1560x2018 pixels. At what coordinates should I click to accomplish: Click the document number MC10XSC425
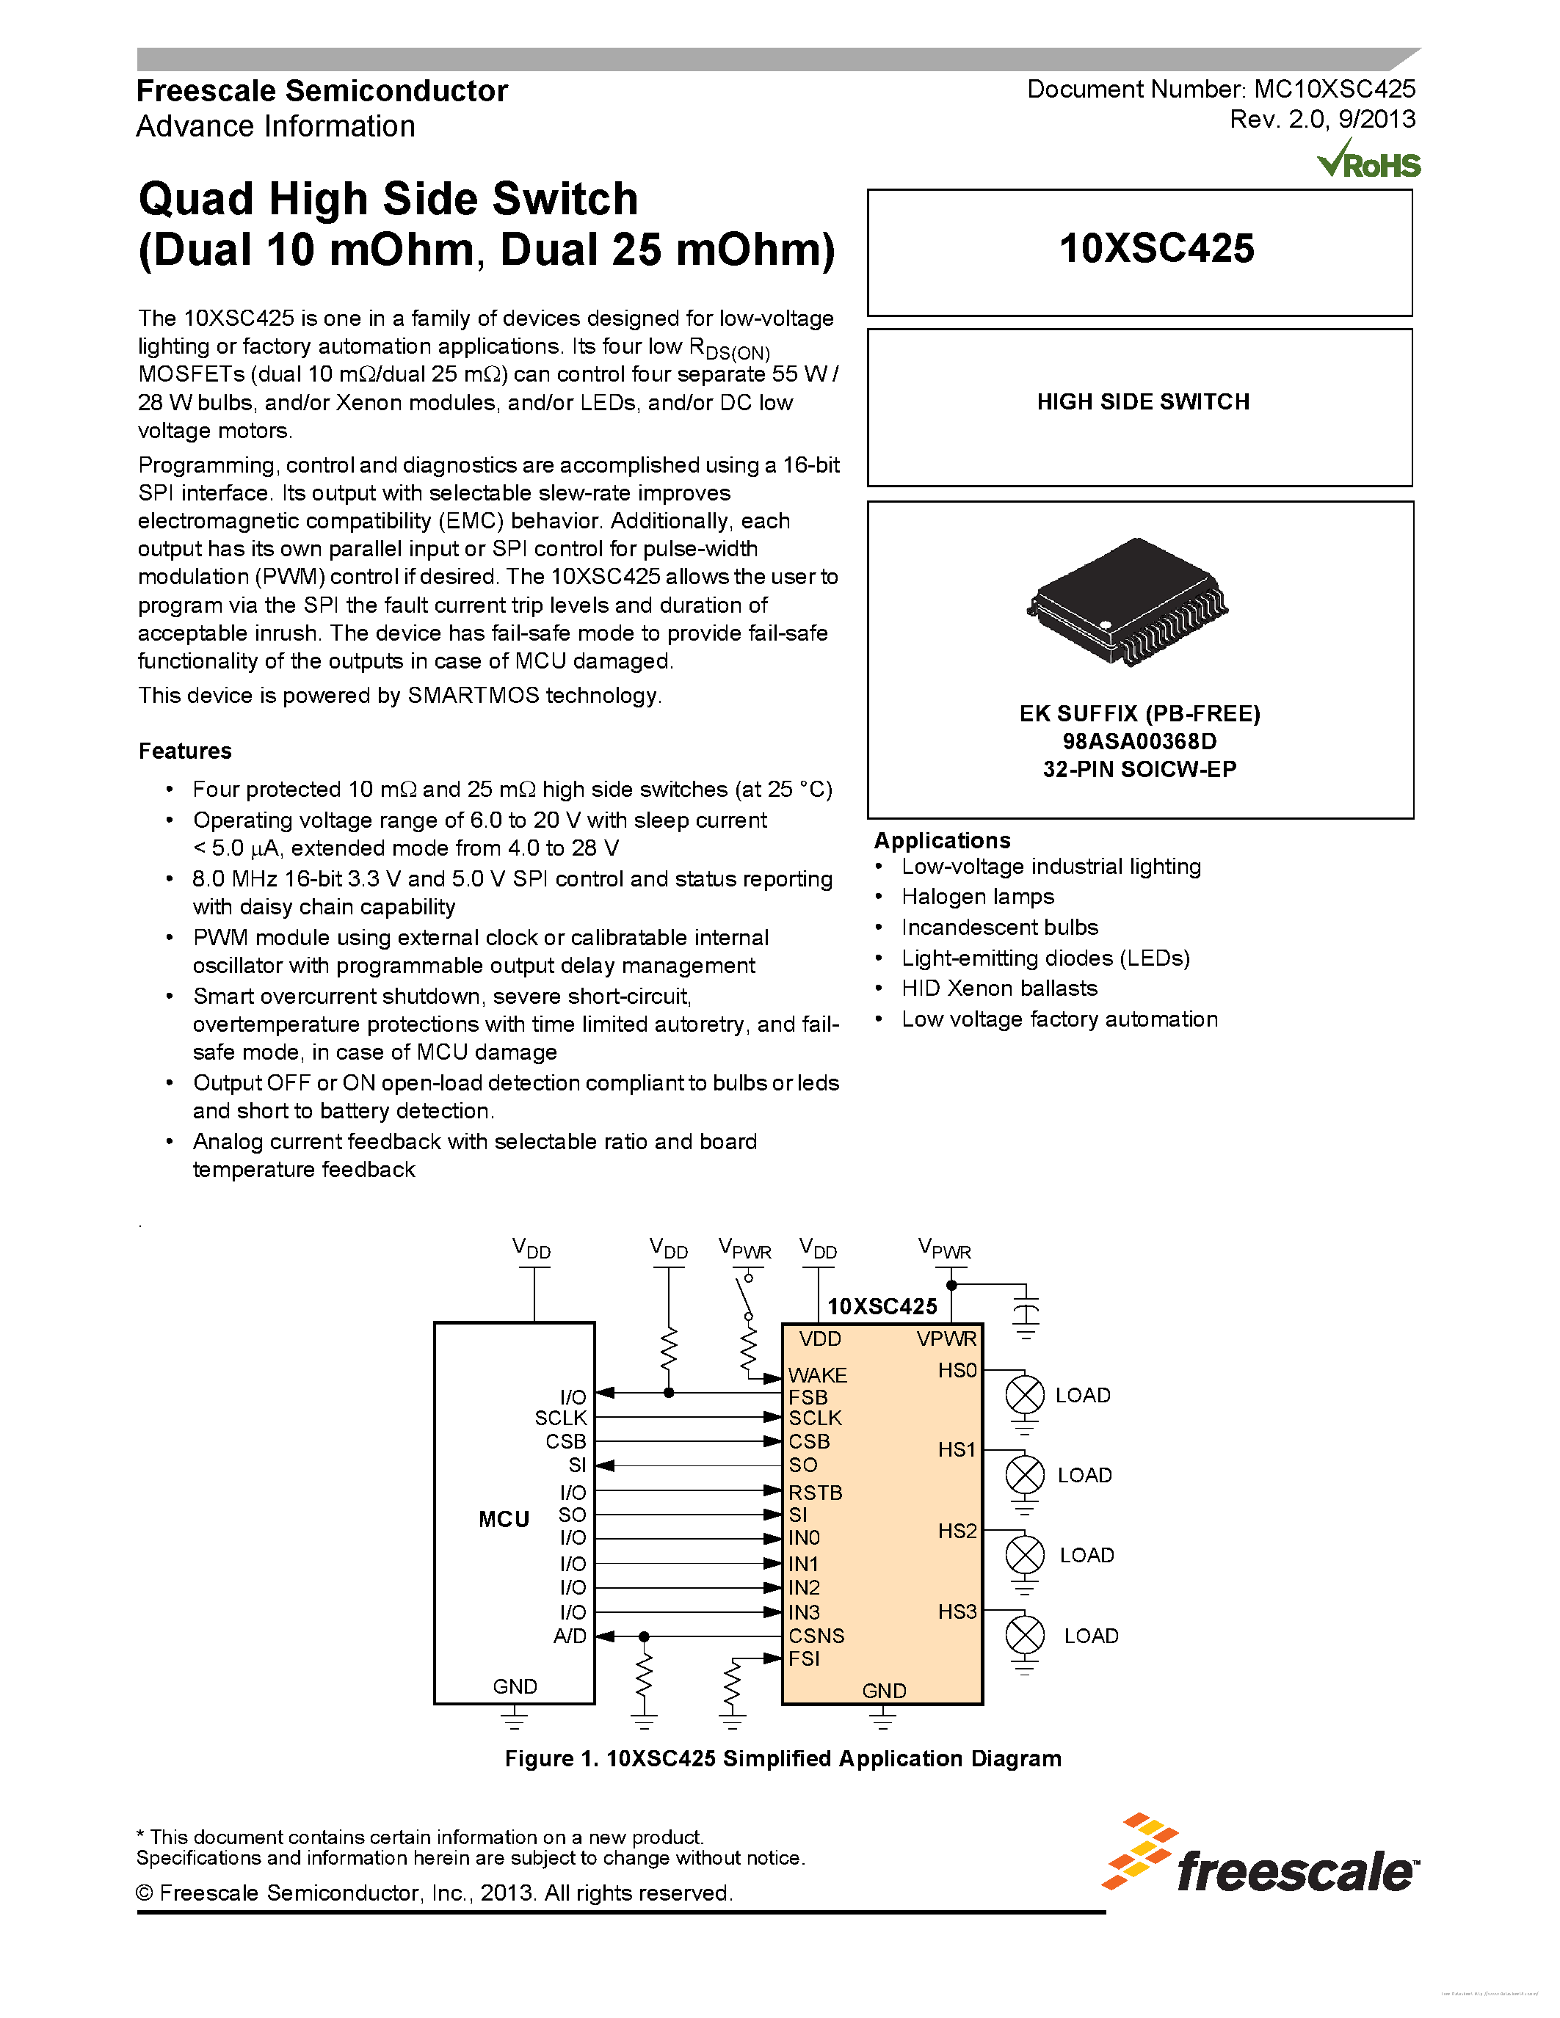pyautogui.click(x=1334, y=89)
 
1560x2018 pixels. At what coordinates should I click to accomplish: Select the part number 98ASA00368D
pyautogui.click(x=1139, y=741)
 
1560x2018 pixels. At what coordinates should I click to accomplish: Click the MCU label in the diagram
pyautogui.click(x=504, y=1519)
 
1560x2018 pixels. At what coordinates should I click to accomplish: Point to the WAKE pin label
pyautogui.click(x=817, y=1375)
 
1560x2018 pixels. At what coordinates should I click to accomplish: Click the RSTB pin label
pyautogui.click(x=814, y=1493)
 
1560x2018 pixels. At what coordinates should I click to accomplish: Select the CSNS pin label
pyautogui.click(x=816, y=1636)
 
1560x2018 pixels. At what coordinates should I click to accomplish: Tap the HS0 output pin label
pyautogui.click(x=957, y=1370)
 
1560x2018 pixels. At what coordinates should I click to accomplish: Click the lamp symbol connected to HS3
pyautogui.click(x=1024, y=1634)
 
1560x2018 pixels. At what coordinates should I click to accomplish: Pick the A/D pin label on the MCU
pyautogui.click(x=570, y=1636)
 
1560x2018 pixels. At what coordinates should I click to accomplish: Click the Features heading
pyautogui.click(x=185, y=750)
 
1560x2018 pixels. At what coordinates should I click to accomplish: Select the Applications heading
pyautogui.click(x=942, y=840)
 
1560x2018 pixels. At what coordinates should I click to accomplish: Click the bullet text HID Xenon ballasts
pyautogui.click(x=999, y=988)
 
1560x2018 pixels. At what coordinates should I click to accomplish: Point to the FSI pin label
pyautogui.click(x=804, y=1658)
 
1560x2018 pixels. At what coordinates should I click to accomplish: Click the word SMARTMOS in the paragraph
pyautogui.click(x=474, y=695)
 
